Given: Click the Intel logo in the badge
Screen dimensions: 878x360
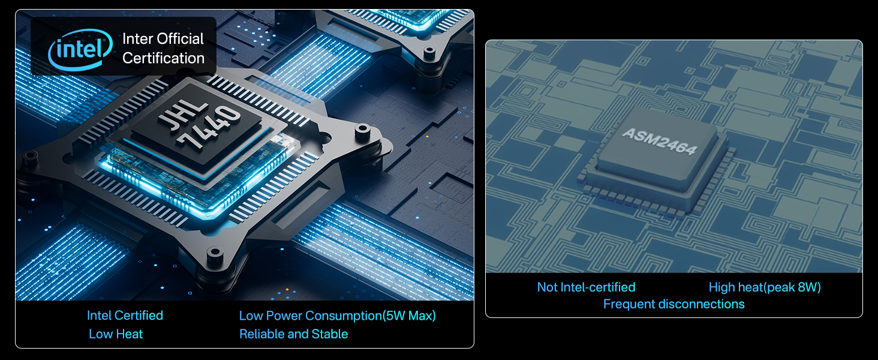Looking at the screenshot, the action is coord(80,49).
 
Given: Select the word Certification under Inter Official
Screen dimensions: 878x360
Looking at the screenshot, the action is coord(164,58).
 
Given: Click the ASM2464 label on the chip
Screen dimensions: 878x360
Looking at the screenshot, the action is coord(660,141).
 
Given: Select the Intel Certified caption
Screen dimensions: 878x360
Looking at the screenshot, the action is coord(125,315).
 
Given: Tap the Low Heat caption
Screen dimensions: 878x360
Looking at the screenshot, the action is coord(116,334).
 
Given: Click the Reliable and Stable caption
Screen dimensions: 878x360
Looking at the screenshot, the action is coord(294,334).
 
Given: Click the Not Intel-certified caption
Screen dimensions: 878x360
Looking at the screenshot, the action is coord(586,287).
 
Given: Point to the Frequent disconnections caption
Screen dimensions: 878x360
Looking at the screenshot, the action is coord(673,304).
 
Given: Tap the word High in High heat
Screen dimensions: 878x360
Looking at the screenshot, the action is coord(722,287).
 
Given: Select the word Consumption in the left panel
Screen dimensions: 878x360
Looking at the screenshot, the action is coord(344,315).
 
